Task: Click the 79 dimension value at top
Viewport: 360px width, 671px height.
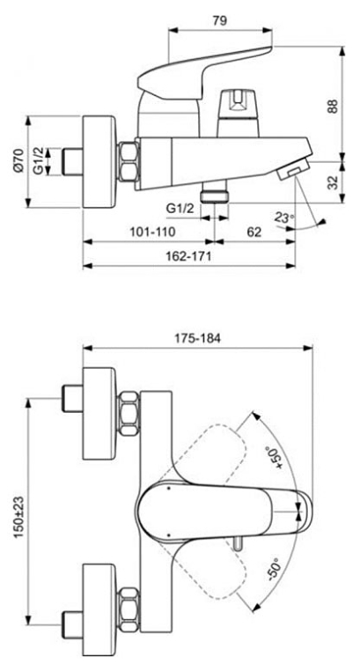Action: pyautogui.click(x=220, y=20)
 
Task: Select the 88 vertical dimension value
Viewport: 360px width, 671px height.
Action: pyautogui.click(x=333, y=106)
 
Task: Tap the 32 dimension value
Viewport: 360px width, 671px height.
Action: pyautogui.click(x=333, y=183)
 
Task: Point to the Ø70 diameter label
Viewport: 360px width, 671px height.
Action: pyautogui.click(x=17, y=161)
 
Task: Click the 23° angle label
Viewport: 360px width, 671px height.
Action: pyautogui.click(x=284, y=218)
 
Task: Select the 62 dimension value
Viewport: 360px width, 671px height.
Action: pyautogui.click(x=254, y=232)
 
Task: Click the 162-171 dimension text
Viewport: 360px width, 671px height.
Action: pyautogui.click(x=188, y=256)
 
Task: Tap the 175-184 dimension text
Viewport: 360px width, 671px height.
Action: pyautogui.click(x=197, y=338)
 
